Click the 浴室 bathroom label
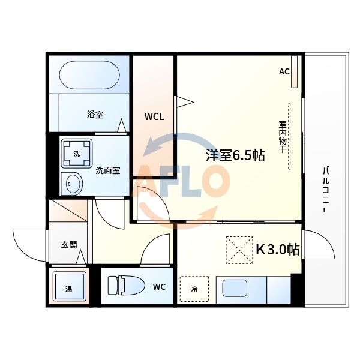tap(94, 114)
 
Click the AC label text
tap(284, 71)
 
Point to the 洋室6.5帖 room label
tap(235, 155)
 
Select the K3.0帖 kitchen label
tap(278, 249)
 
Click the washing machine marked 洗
tap(77, 154)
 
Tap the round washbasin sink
tap(73, 183)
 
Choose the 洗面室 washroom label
tap(108, 170)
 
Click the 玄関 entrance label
tap(68, 245)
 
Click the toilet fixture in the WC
tap(125, 285)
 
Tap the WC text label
tap(158, 287)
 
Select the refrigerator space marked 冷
tap(194, 289)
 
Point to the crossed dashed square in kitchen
tap(239, 250)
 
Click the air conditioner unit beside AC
tap(294, 71)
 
